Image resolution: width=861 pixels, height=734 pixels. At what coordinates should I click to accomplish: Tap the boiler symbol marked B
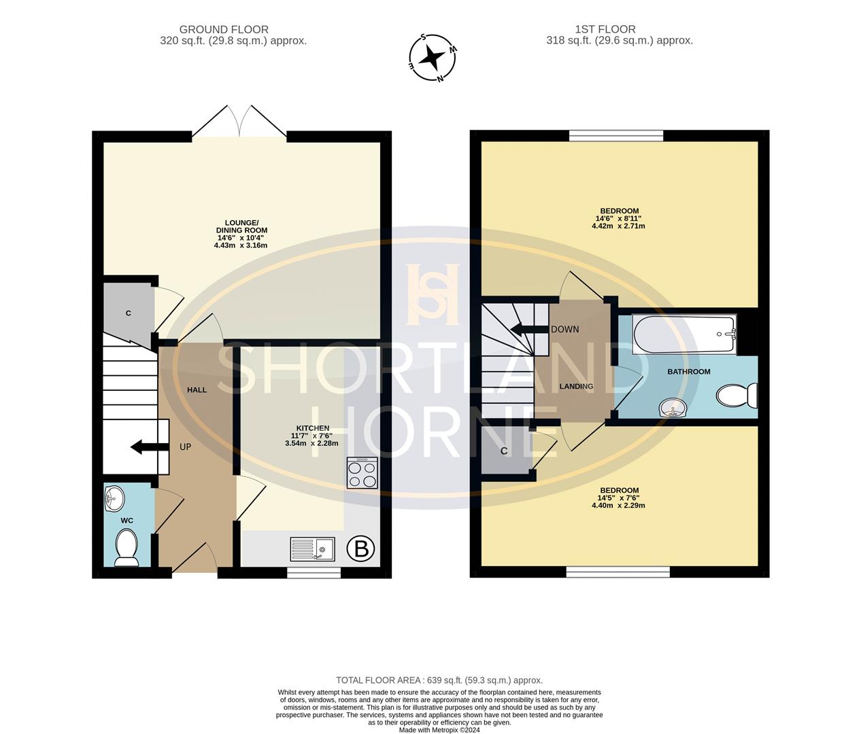pyautogui.click(x=361, y=548)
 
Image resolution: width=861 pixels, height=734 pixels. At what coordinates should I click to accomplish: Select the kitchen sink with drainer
pyautogui.click(x=312, y=548)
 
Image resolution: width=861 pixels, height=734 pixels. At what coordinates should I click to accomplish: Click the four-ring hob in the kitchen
pyautogui.click(x=362, y=473)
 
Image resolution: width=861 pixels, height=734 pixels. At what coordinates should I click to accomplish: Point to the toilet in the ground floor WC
pyautogui.click(x=126, y=548)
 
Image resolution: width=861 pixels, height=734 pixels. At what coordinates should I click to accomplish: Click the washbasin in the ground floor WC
pyautogui.click(x=115, y=499)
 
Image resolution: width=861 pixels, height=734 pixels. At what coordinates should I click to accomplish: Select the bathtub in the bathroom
pyautogui.click(x=683, y=334)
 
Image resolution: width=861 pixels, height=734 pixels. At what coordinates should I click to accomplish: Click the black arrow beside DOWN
pyautogui.click(x=529, y=330)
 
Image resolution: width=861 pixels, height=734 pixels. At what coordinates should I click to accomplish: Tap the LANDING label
pyautogui.click(x=576, y=386)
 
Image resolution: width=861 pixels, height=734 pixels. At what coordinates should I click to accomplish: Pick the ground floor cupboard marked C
pyautogui.click(x=129, y=313)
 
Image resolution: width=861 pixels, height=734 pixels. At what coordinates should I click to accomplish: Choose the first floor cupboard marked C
pyautogui.click(x=505, y=451)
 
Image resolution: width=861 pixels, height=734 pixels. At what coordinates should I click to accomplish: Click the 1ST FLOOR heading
pyautogui.click(x=605, y=29)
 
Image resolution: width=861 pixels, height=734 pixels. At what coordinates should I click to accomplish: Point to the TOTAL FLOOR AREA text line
pyautogui.click(x=439, y=680)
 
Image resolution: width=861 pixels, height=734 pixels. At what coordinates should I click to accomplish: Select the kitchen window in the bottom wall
pyautogui.click(x=314, y=573)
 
